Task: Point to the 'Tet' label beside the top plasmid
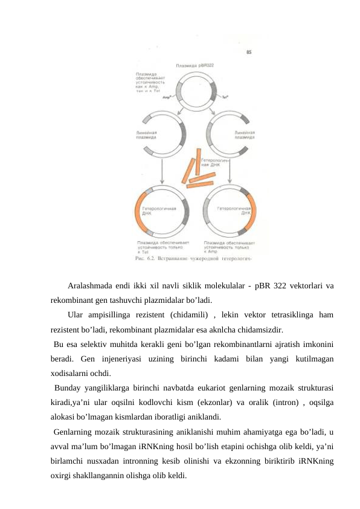pos(225,96)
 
